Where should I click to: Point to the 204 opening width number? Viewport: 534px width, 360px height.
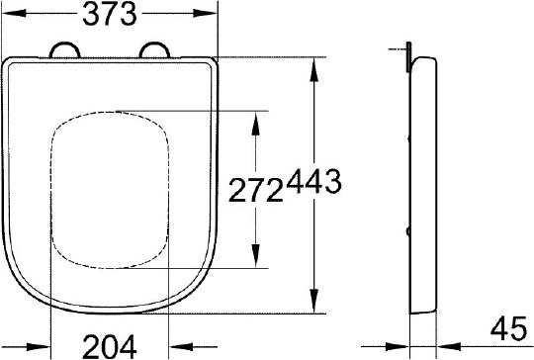tap(110, 345)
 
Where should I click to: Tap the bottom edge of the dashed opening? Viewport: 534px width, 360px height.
tap(109, 266)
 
